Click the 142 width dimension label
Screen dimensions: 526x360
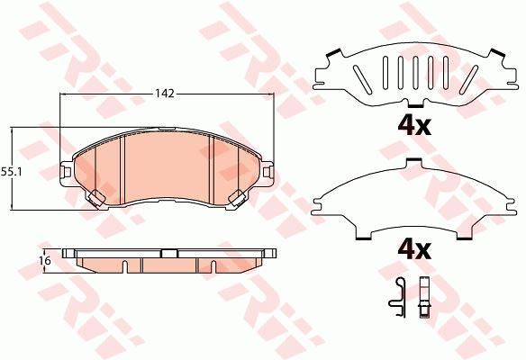[165, 94]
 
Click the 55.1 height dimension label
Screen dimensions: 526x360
[11, 172]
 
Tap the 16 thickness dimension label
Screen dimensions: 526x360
[46, 260]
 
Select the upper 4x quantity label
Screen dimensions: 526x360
[414, 126]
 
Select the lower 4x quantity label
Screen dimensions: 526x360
[414, 250]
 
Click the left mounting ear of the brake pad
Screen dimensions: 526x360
[66, 172]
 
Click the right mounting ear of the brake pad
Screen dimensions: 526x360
[268, 172]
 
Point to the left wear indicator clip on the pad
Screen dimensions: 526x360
[96, 197]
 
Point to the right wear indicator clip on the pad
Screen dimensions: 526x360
[237, 197]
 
